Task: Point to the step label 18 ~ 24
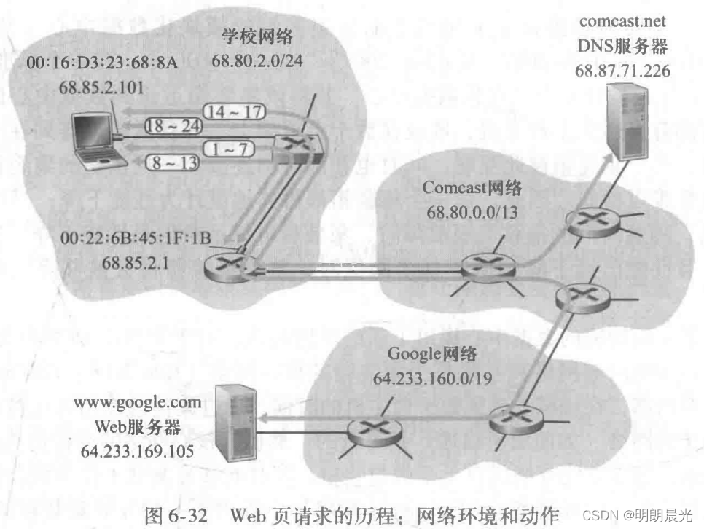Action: point(172,125)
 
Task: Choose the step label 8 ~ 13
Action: point(173,162)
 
